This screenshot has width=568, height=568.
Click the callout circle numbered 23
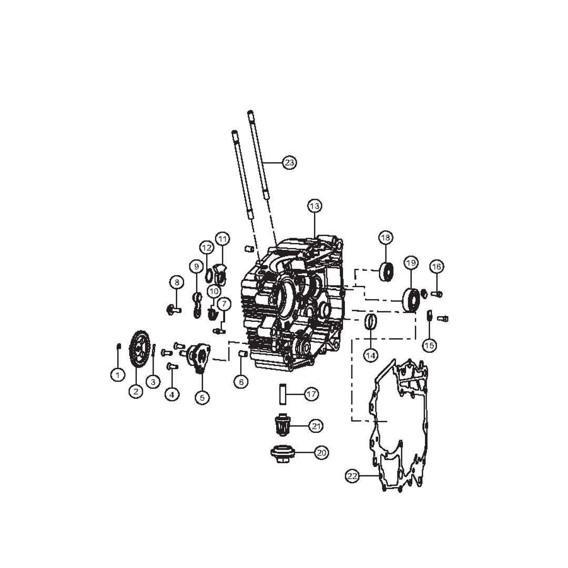[x=289, y=163]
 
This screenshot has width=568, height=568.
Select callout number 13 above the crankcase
[x=315, y=206]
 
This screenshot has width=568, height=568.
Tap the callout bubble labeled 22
[x=352, y=476]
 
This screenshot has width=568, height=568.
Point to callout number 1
[x=117, y=374]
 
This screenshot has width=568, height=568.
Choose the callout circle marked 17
[x=311, y=394]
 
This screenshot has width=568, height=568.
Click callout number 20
[x=321, y=452]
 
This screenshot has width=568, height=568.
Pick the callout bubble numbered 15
[x=429, y=346]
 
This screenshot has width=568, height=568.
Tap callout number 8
[x=176, y=282]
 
